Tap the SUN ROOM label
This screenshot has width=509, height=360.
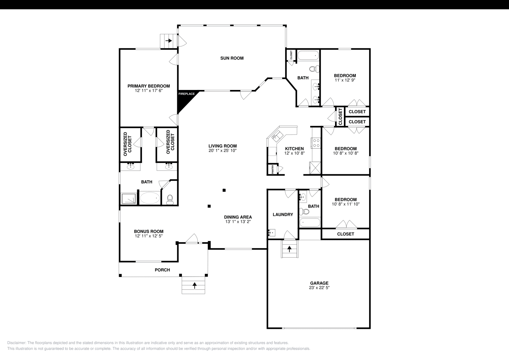[x=232, y=58]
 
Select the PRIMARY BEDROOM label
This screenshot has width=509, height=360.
[x=149, y=86]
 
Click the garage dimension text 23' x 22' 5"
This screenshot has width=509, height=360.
[x=319, y=287]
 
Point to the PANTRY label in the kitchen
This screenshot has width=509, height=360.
[x=273, y=169]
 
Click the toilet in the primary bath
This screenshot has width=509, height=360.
[x=170, y=199]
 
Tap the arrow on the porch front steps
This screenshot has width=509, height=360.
[x=194, y=285]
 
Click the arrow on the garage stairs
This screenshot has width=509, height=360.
[x=289, y=249]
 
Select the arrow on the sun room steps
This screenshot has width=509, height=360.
[x=169, y=41]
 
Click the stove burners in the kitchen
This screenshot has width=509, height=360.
[x=316, y=143]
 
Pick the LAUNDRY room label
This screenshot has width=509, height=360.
[x=283, y=215]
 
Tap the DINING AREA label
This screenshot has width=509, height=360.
[x=238, y=217]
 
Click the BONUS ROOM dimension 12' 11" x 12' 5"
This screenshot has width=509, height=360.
[x=149, y=236]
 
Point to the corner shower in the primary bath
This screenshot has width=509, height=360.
[x=129, y=199]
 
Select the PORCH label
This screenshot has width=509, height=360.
[x=162, y=270]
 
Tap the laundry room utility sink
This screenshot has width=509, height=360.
[x=272, y=233]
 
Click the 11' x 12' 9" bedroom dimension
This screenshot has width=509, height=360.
[x=345, y=80]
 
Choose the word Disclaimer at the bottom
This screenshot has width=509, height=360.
[x=17, y=343]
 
